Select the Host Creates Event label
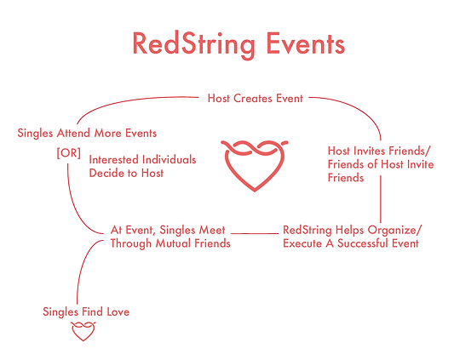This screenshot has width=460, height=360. click(x=255, y=99)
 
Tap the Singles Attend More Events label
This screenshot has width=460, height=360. click(x=87, y=133)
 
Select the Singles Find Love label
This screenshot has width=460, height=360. click(x=86, y=311)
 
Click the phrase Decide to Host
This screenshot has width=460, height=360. click(x=127, y=173)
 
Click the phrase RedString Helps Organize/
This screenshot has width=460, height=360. click(x=352, y=230)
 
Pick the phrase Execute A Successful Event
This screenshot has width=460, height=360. click(x=350, y=243)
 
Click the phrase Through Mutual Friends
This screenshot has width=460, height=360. click(x=170, y=243)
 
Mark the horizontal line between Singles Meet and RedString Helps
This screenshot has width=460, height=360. click(x=256, y=231)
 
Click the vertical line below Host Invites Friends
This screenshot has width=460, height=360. click(x=381, y=203)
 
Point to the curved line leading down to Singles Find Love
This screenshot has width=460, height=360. click(x=84, y=264)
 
